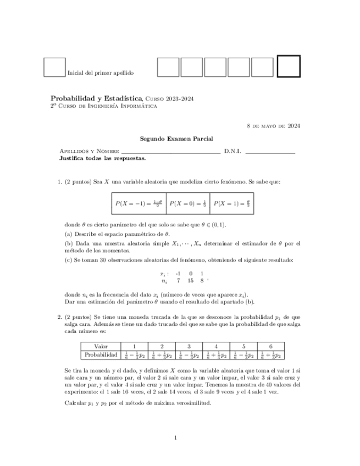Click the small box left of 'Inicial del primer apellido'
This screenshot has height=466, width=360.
point(54,67)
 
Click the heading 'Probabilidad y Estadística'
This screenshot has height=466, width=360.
point(96,98)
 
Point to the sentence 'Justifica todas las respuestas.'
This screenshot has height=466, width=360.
point(102,158)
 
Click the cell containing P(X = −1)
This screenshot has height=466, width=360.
point(139,203)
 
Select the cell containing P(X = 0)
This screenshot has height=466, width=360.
point(188,203)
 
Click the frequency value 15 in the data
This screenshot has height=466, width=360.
point(190,280)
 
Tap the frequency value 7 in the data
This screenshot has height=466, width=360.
point(178,280)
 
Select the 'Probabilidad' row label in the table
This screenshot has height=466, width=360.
point(101,355)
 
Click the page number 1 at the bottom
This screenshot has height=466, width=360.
point(175,437)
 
